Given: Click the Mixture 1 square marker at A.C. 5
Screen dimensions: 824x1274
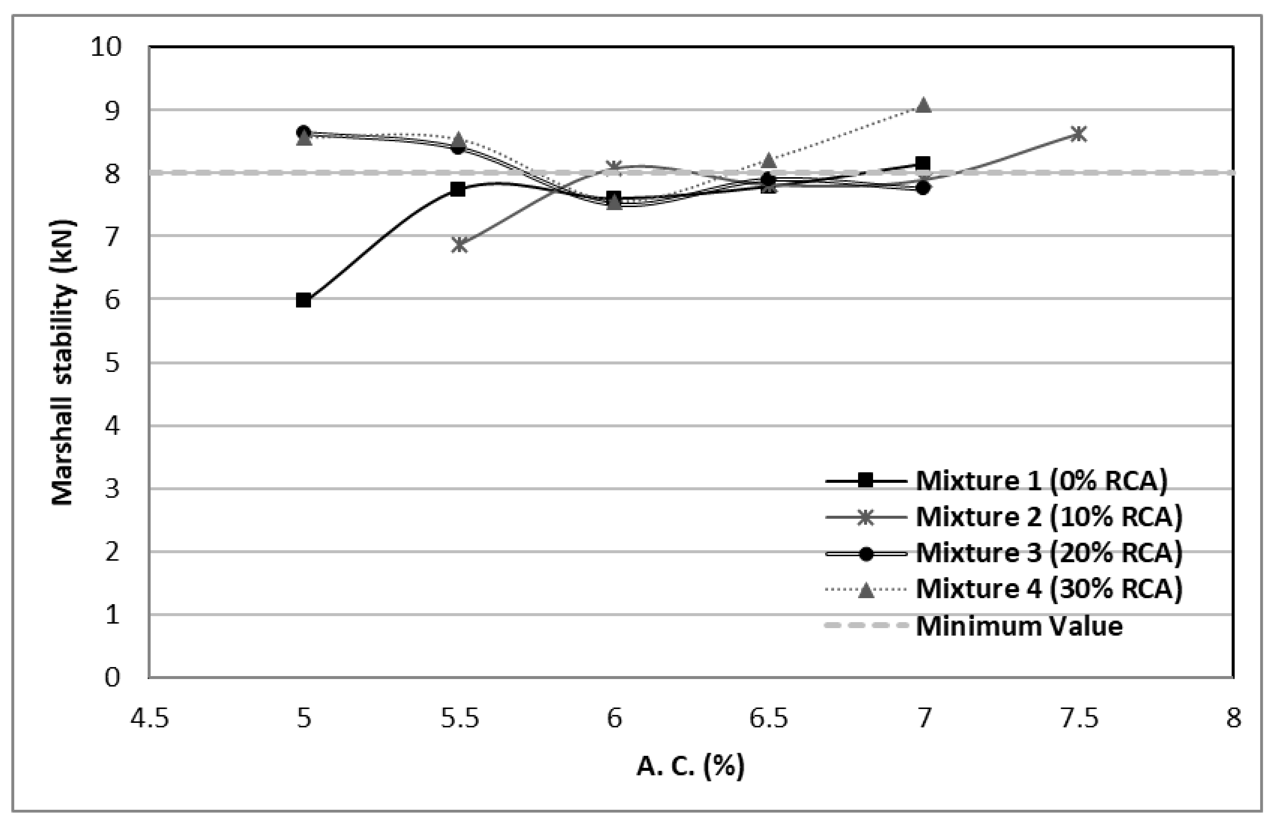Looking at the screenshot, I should point(304,300).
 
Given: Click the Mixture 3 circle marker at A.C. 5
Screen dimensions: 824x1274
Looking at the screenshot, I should point(304,131).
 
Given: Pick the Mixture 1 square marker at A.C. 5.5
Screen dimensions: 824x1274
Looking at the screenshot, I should point(458,189).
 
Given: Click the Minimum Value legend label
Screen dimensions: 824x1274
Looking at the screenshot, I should point(1019,625).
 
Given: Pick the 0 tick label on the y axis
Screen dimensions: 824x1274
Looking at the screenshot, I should point(112,678).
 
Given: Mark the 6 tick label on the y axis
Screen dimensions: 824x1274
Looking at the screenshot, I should point(112,300).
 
